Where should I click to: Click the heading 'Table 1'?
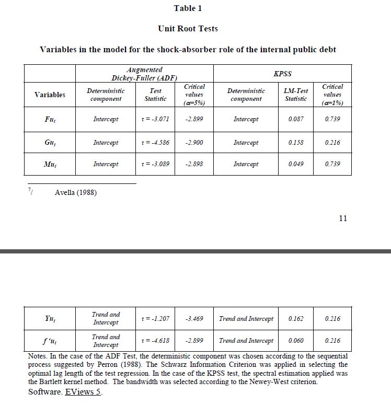tap(188, 8)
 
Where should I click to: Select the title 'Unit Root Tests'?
tap(188, 28)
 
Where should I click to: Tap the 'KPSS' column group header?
tap(282, 74)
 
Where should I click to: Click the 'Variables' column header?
tap(50, 95)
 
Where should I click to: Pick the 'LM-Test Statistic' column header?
tap(296, 95)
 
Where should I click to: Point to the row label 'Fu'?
tap(50, 119)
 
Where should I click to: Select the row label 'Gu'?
tap(50, 143)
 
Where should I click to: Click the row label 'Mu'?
tap(50, 164)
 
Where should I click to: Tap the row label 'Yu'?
tap(50, 319)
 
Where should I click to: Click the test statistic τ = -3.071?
tap(155, 119)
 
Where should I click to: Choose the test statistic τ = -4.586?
tap(155, 143)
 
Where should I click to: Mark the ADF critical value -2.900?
tap(194, 143)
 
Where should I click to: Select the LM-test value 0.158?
tap(296, 143)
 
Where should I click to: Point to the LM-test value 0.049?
tap(296, 164)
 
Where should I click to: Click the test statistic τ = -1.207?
tap(155, 319)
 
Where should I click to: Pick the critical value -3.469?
tap(194, 319)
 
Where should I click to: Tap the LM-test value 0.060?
tap(296, 341)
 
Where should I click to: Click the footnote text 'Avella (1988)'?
tap(76, 193)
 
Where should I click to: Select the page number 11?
tap(343, 218)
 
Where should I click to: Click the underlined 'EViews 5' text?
tap(83, 392)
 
